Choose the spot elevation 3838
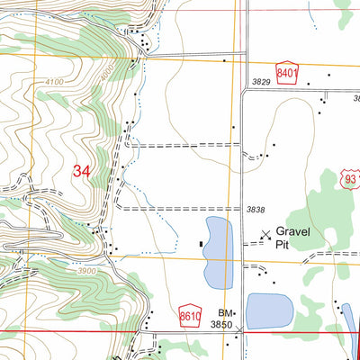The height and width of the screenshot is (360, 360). click(256, 209)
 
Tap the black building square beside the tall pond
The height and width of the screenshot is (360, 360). click(201, 243)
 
